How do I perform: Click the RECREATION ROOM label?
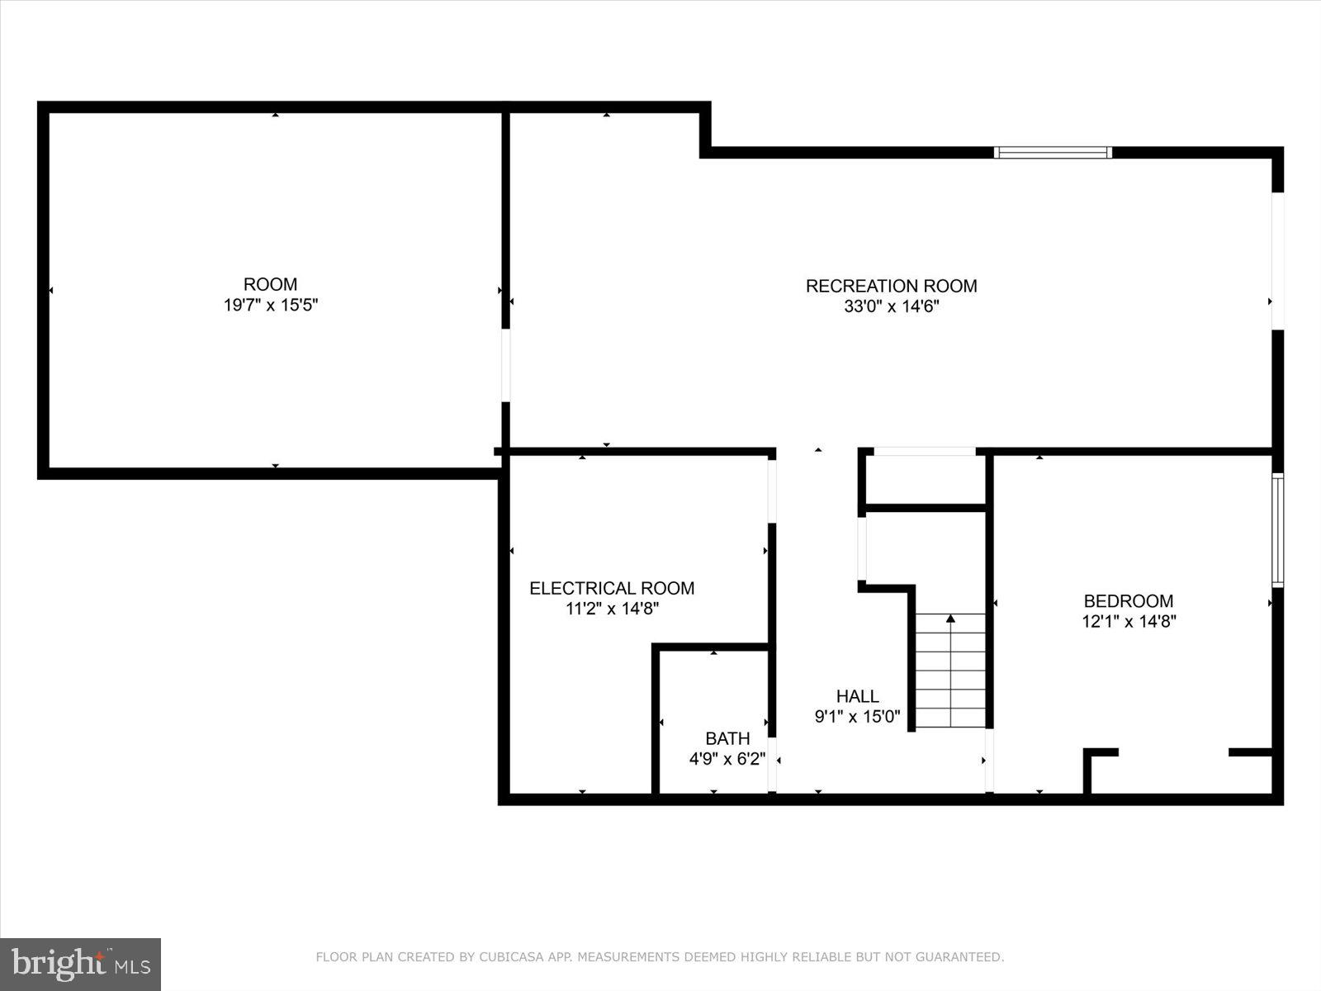(x=891, y=286)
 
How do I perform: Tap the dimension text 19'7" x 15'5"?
(x=271, y=306)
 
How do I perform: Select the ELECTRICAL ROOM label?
(x=612, y=588)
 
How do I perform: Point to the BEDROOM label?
(x=1128, y=601)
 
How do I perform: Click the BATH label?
(x=727, y=738)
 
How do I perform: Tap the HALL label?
(x=857, y=696)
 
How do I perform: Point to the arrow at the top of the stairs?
(x=950, y=618)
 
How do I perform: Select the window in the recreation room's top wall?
(x=1053, y=152)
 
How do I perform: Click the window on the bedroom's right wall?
(x=1277, y=530)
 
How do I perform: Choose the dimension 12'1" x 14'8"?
(x=1129, y=622)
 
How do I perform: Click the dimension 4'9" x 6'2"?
(x=727, y=759)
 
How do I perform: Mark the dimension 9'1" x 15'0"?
(x=857, y=717)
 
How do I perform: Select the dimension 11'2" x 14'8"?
(x=612, y=609)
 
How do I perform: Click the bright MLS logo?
(x=80, y=964)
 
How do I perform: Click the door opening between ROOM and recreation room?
(x=506, y=366)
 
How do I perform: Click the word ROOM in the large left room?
(x=271, y=285)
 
